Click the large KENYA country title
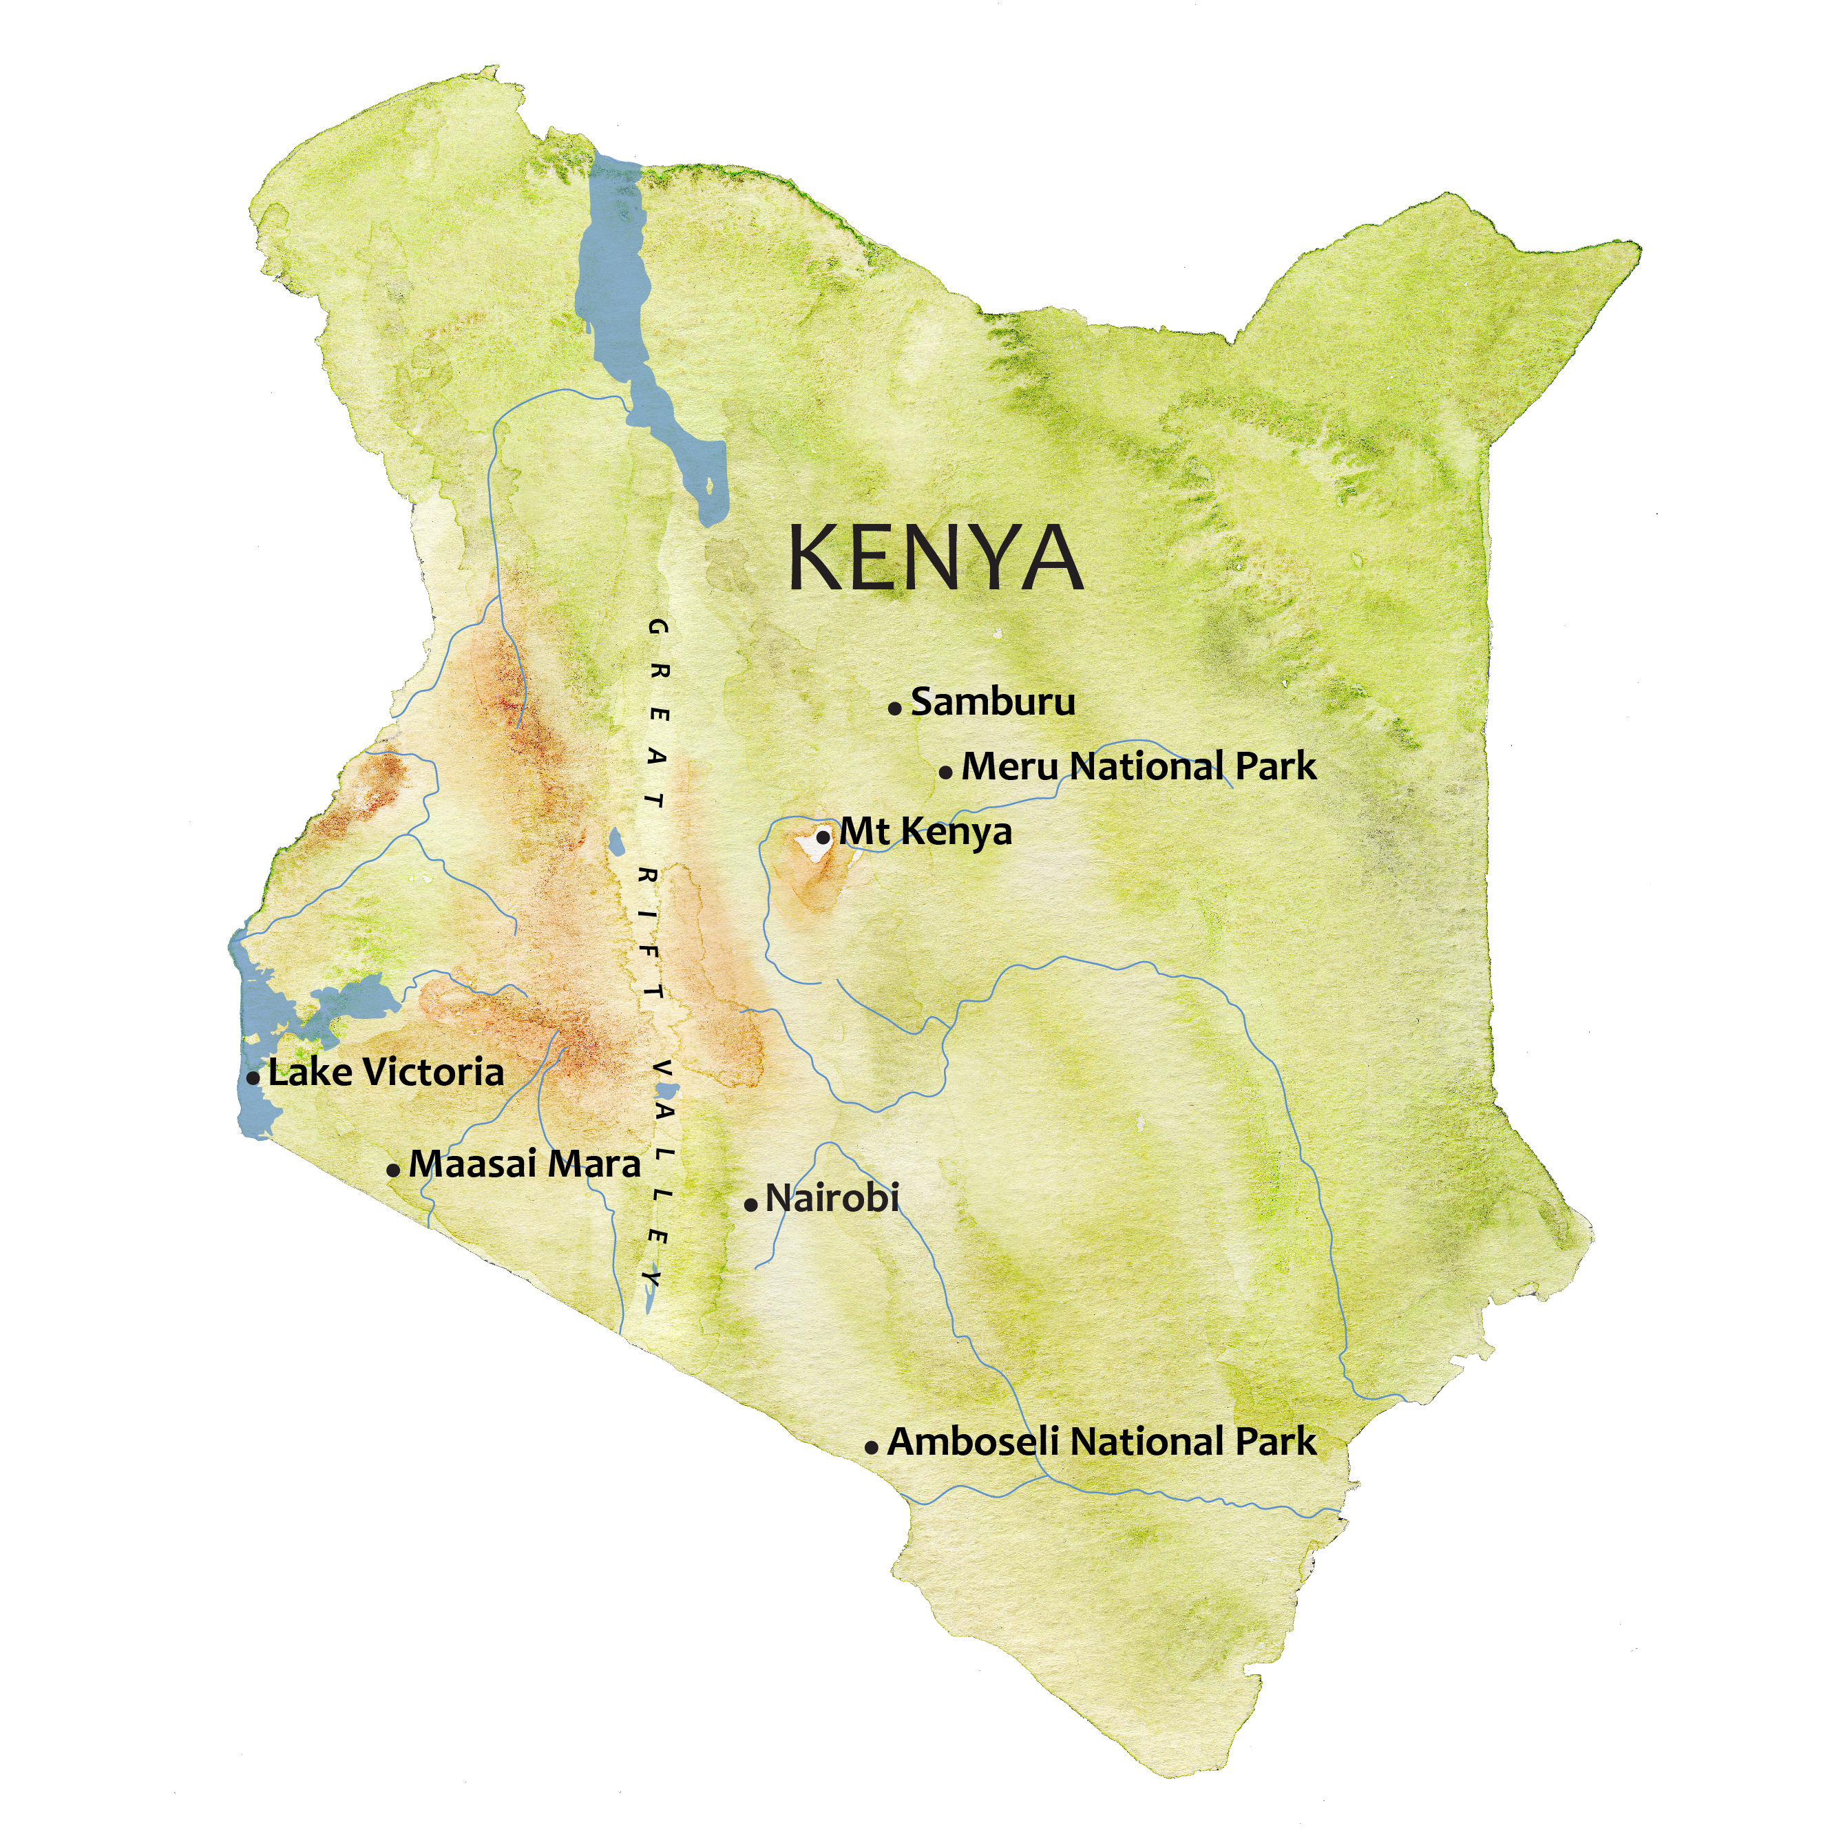[x=935, y=559]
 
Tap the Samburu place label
[x=992, y=702]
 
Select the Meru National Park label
[x=1139, y=767]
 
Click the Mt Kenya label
[x=925, y=832]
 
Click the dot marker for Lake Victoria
[x=253, y=1079]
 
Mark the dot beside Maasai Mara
[x=392, y=1170]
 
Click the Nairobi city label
[x=832, y=1199]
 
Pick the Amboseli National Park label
[x=1102, y=1442]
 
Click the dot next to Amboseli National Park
[x=871, y=1447]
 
